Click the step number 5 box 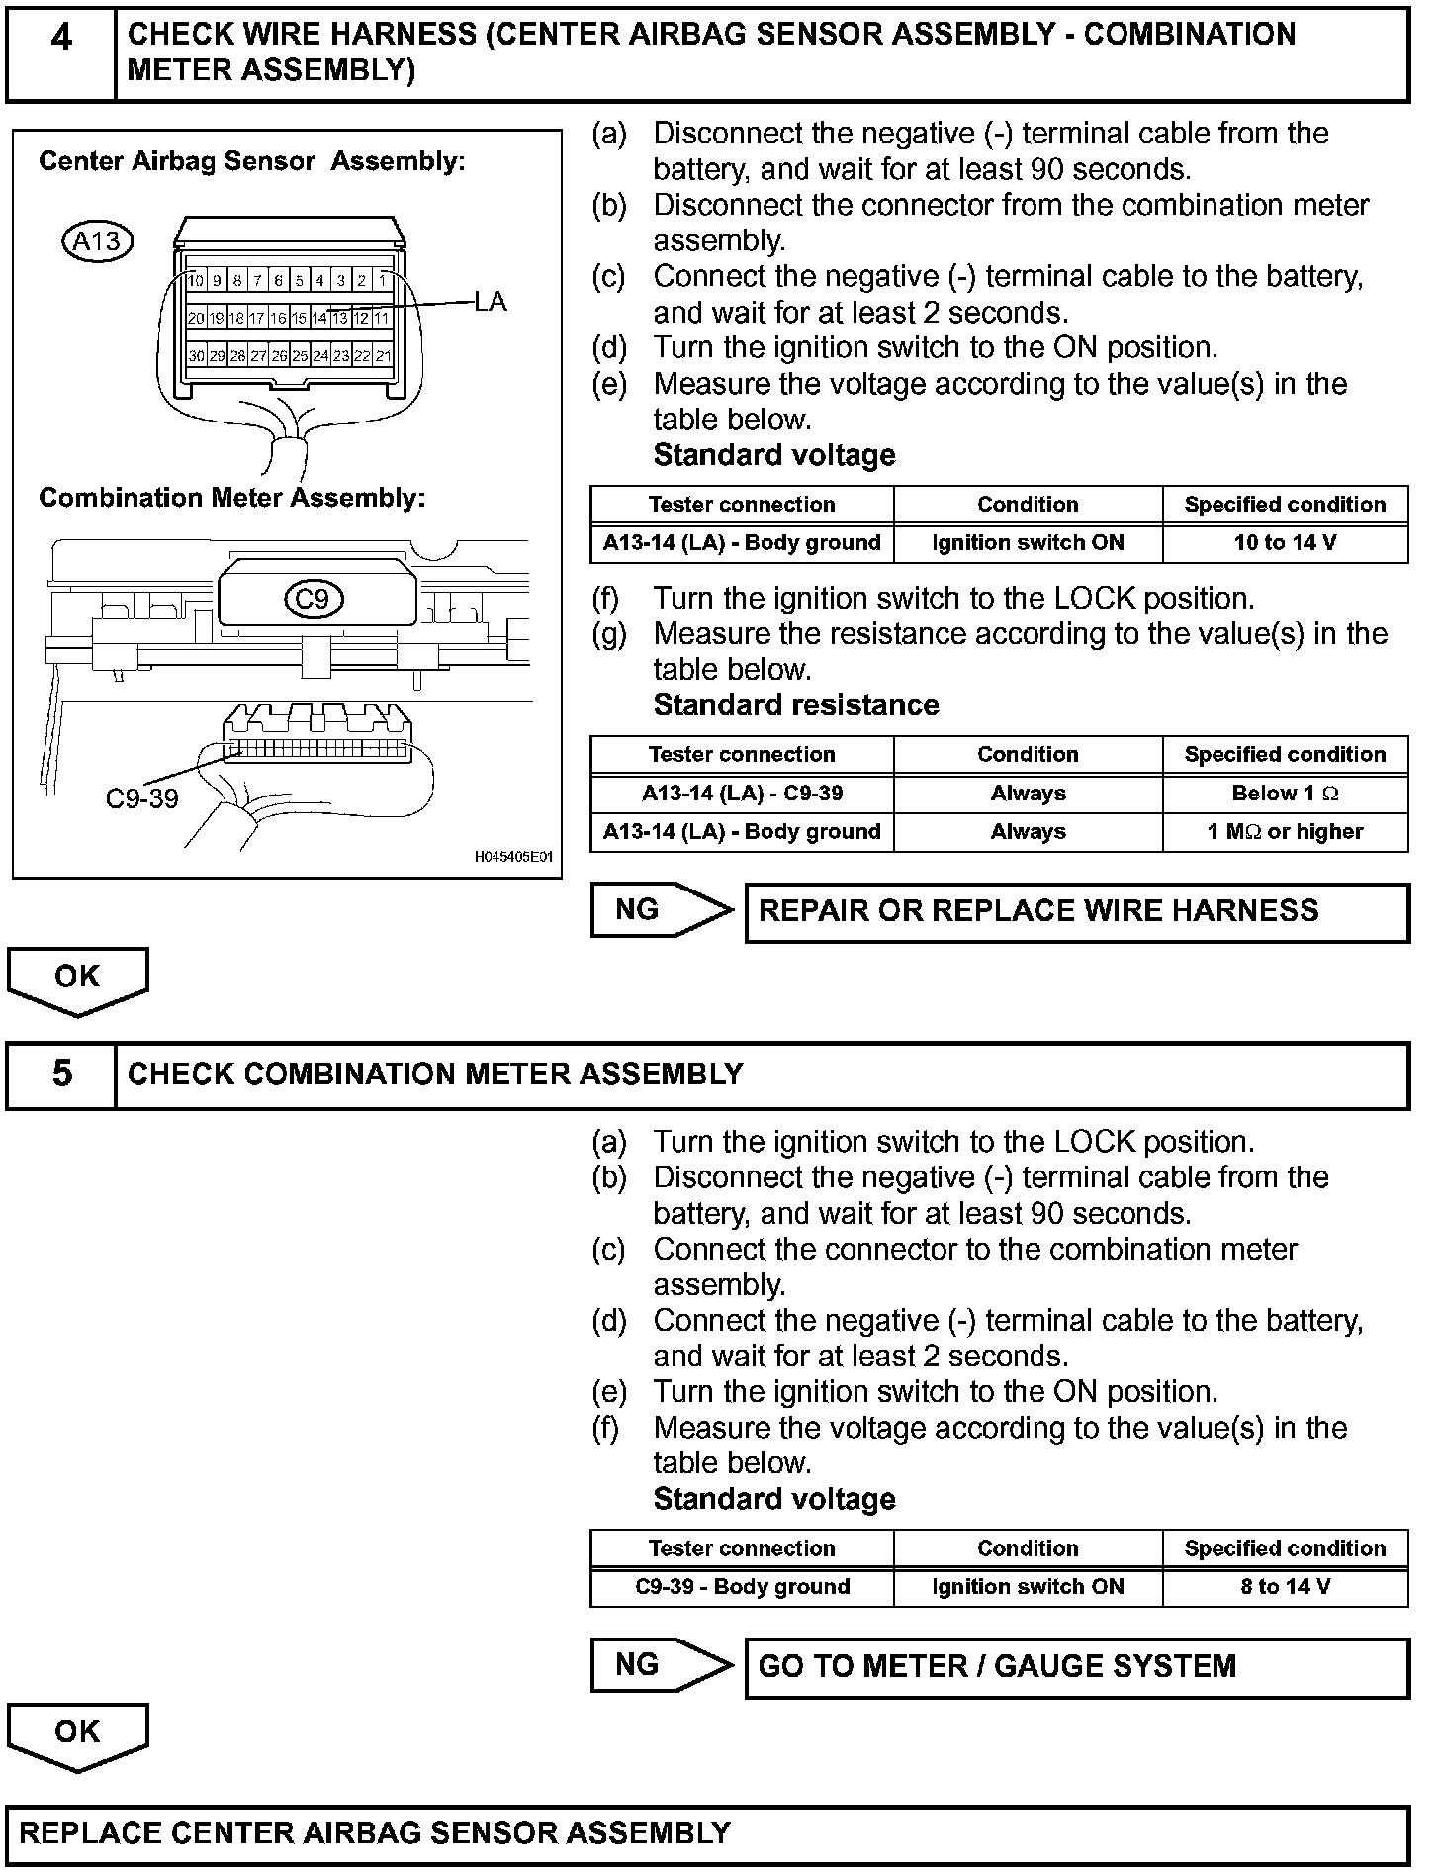click(x=61, y=1075)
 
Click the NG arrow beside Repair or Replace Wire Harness click(x=661, y=910)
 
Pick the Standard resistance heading click(x=796, y=705)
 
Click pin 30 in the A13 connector click(x=197, y=356)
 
